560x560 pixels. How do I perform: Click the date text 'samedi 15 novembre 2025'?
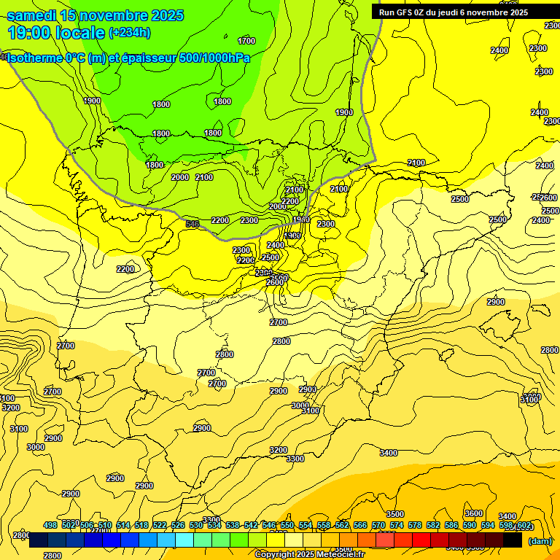(x=95, y=15)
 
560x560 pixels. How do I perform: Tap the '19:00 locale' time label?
(x=55, y=32)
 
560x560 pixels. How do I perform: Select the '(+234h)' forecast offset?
(x=129, y=33)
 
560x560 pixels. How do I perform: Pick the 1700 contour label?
(x=246, y=41)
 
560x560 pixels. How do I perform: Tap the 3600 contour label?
(x=474, y=513)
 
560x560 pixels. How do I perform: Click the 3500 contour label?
(x=394, y=514)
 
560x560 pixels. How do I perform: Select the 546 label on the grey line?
(x=192, y=224)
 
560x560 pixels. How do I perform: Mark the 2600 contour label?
(x=275, y=282)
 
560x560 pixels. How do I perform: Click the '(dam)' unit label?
(x=540, y=541)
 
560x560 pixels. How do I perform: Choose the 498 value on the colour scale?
(x=50, y=525)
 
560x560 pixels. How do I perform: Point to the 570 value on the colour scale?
(x=378, y=525)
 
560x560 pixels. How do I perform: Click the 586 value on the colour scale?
(x=451, y=525)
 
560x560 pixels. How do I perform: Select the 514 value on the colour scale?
(x=123, y=525)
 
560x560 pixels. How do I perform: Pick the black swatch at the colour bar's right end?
(x=513, y=540)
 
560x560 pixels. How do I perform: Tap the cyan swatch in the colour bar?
(x=184, y=540)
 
